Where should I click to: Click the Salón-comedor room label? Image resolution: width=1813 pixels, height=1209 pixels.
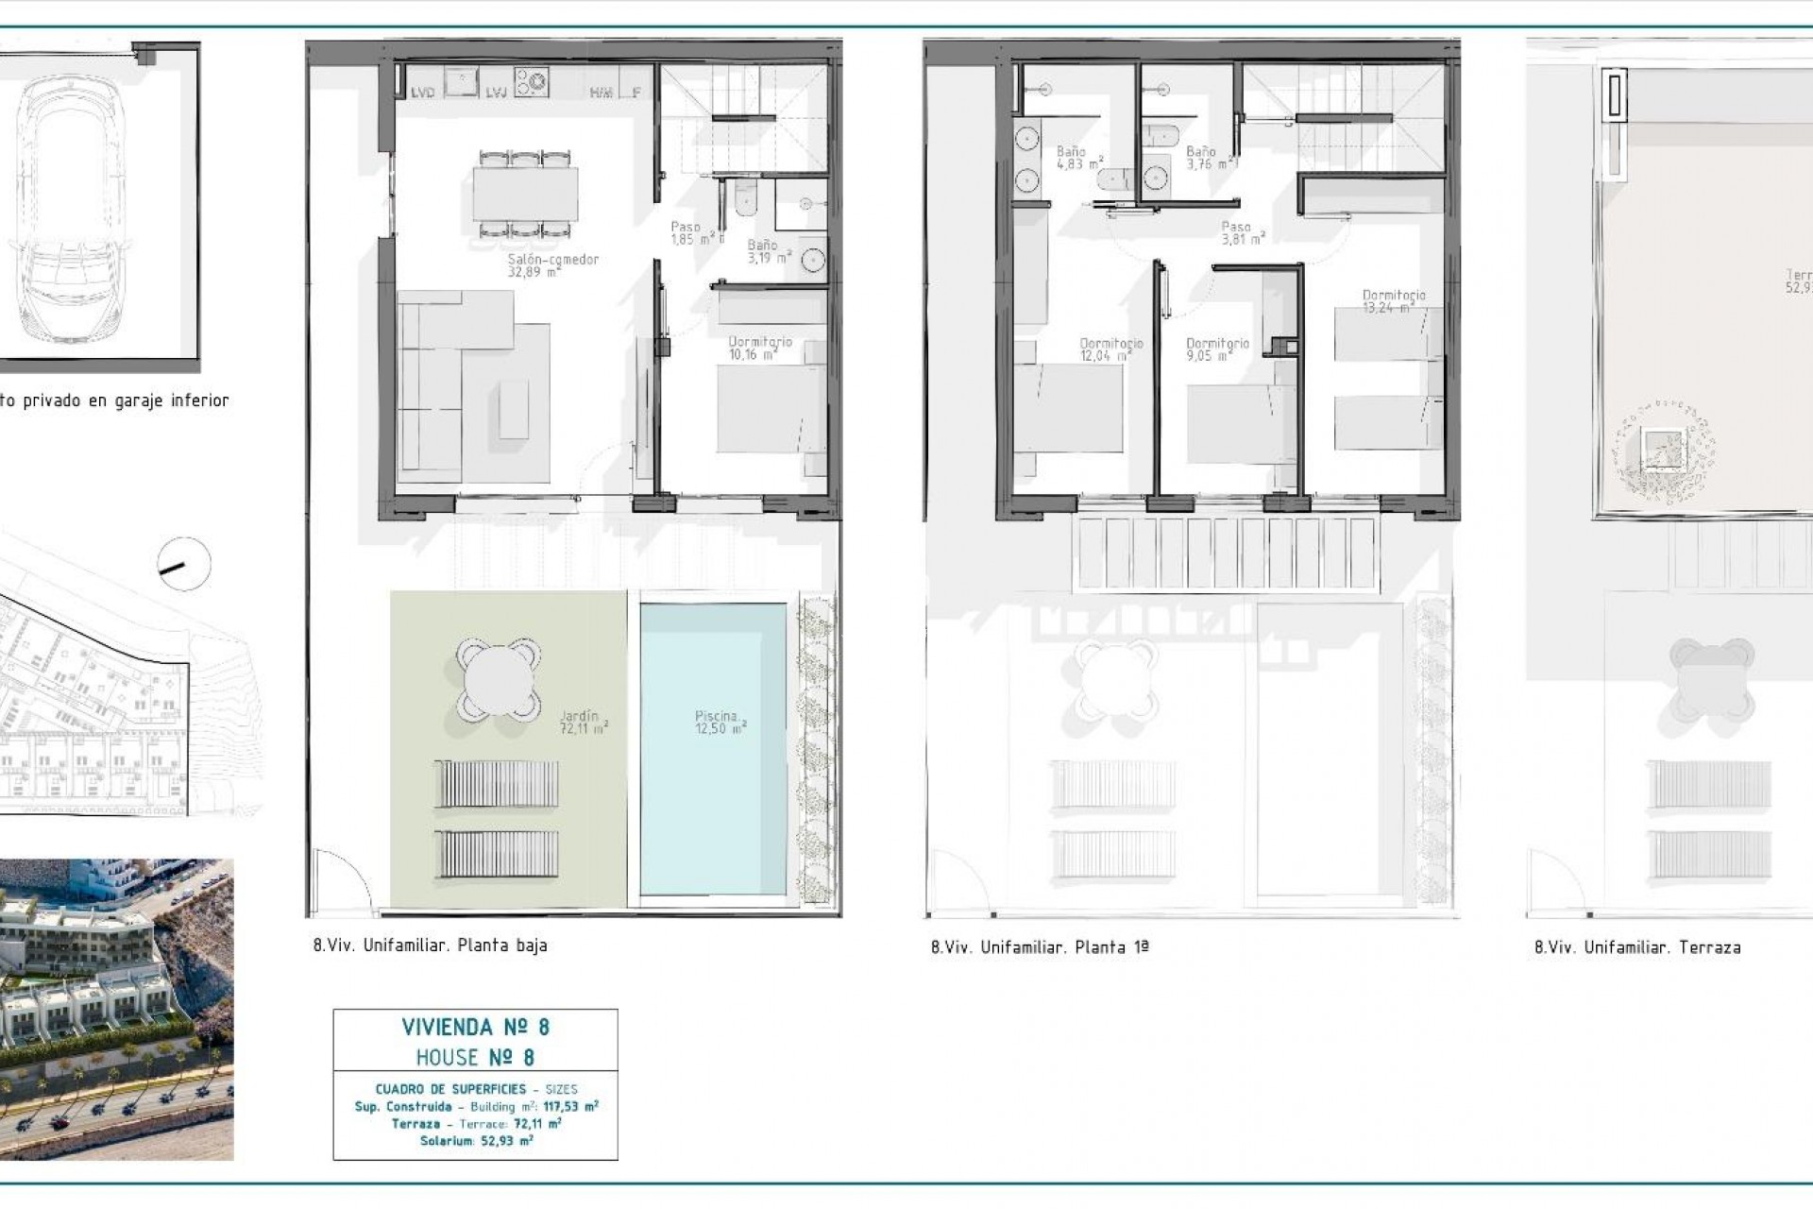point(552,265)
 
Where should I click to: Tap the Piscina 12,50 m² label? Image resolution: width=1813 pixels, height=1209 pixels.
point(720,723)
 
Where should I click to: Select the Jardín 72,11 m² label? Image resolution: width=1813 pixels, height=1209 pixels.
point(581,723)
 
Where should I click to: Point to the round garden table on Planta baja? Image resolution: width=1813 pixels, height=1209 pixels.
point(499,677)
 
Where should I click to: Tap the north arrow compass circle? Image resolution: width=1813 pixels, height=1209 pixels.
point(184,565)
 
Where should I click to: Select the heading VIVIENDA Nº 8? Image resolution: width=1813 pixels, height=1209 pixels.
point(475,1027)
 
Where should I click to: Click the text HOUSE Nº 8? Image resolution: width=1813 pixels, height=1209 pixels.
point(475,1057)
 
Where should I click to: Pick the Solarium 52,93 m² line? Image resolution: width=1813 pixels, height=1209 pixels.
point(476,1141)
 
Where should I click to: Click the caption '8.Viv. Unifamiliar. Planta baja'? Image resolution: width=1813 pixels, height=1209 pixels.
point(430,945)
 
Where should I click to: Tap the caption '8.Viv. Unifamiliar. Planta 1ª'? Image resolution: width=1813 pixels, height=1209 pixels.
point(1039,947)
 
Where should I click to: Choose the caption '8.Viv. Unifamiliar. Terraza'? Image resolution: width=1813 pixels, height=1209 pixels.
point(1637,947)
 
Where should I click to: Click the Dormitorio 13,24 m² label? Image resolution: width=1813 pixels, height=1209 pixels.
point(1394,301)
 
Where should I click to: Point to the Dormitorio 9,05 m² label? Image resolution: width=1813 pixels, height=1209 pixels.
point(1217,349)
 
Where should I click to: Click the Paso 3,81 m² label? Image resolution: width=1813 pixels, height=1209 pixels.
point(1240,232)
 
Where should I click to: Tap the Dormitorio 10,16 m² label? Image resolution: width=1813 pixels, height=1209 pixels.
point(759,348)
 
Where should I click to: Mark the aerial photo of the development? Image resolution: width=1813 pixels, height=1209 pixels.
point(116,1009)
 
